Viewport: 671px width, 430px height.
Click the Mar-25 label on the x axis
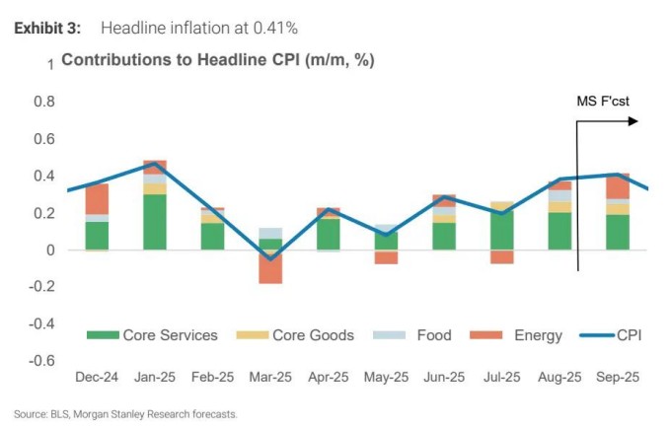[x=270, y=377]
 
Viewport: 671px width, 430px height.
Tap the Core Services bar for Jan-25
[x=155, y=222]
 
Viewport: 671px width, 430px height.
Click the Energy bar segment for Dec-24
[x=97, y=198]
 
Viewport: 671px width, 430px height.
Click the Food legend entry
[x=415, y=335]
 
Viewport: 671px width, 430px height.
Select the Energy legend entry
[x=526, y=335]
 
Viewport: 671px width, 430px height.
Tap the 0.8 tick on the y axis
[x=42, y=102]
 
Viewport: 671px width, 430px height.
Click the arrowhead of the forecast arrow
[x=633, y=121]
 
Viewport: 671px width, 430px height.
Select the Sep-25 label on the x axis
[x=618, y=377]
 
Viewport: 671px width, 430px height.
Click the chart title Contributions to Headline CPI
[x=218, y=60]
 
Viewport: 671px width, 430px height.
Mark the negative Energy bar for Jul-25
[x=502, y=256]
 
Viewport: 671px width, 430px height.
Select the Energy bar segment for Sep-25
[x=618, y=186]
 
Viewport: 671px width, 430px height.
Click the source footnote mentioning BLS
[x=125, y=414]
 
